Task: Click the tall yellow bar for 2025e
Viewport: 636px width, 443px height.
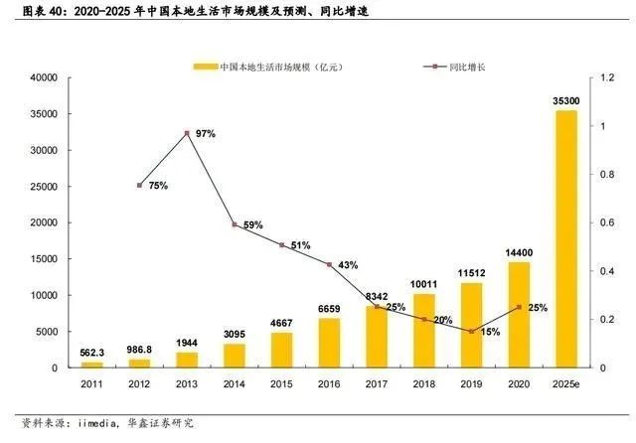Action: [566, 238]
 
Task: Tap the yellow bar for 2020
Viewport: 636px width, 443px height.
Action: [519, 315]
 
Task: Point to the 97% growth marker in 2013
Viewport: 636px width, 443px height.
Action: [187, 133]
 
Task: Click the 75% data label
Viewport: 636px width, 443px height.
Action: [158, 185]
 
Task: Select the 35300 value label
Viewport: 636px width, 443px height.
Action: [566, 100]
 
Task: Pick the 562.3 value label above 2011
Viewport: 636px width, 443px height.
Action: [91, 353]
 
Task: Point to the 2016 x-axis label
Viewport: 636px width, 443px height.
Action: [329, 382]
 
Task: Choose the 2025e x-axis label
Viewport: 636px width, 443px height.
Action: [566, 382]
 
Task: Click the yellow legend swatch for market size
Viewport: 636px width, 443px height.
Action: [204, 66]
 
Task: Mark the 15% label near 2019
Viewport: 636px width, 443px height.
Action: [490, 331]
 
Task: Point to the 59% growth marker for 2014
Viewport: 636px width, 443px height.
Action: [235, 224]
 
